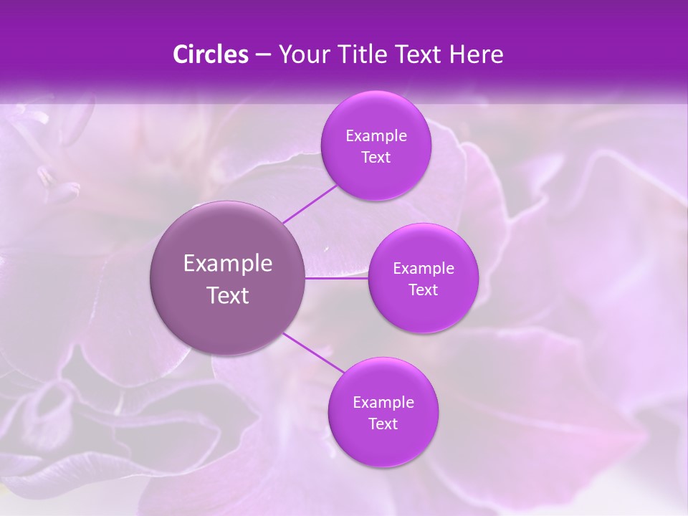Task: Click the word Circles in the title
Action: point(210,54)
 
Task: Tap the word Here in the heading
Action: point(476,54)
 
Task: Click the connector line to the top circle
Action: point(310,204)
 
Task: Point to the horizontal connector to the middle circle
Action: point(337,278)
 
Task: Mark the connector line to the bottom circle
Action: point(313,353)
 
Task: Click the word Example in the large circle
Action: point(228,264)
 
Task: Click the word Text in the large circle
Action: point(228,295)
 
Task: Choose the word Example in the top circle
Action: point(376,136)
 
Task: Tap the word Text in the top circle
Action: point(376,158)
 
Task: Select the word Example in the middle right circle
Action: point(424,269)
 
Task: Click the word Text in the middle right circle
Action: point(423,290)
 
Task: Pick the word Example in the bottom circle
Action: point(383,403)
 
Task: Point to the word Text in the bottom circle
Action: point(383,424)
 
